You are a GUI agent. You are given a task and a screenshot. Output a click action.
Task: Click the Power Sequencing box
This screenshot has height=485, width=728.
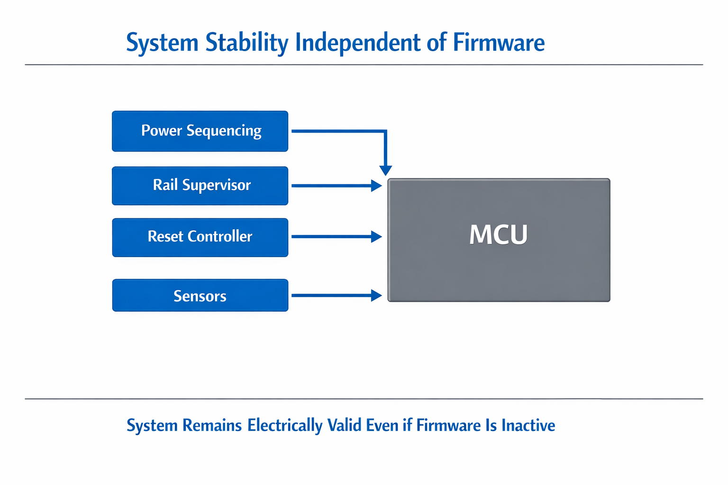[x=200, y=131]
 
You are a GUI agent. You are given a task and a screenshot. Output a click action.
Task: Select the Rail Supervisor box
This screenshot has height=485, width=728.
[x=200, y=186]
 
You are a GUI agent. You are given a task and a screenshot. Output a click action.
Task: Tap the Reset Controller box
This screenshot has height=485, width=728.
[x=200, y=237]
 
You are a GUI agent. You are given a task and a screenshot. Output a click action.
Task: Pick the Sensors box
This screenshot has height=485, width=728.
[x=200, y=296]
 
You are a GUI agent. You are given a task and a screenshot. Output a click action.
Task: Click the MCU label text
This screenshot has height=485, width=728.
[x=498, y=234]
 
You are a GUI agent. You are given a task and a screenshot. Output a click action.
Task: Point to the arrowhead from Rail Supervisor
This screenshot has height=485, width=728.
[x=376, y=186]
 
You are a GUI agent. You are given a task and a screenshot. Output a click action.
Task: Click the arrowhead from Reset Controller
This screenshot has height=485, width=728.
[x=376, y=236]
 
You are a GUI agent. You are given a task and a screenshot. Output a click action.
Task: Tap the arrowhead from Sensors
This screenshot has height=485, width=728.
[x=376, y=296]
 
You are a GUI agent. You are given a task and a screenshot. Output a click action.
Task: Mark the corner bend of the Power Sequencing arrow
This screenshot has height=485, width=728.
[x=386, y=131]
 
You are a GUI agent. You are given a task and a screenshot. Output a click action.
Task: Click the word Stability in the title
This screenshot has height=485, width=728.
[x=247, y=43]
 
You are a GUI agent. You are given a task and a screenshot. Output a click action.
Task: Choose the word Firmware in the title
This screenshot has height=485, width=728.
[x=499, y=43]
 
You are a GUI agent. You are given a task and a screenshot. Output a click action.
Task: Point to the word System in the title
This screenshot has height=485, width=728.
[x=162, y=43]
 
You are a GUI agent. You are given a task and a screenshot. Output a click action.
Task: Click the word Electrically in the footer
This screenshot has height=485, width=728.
[x=285, y=425]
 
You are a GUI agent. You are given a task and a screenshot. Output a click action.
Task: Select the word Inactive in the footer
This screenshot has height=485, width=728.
[x=528, y=425]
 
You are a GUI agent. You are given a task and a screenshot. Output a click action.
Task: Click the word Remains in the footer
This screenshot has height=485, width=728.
[x=212, y=425]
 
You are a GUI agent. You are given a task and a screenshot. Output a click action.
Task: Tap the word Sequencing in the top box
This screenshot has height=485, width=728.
[x=224, y=131]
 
